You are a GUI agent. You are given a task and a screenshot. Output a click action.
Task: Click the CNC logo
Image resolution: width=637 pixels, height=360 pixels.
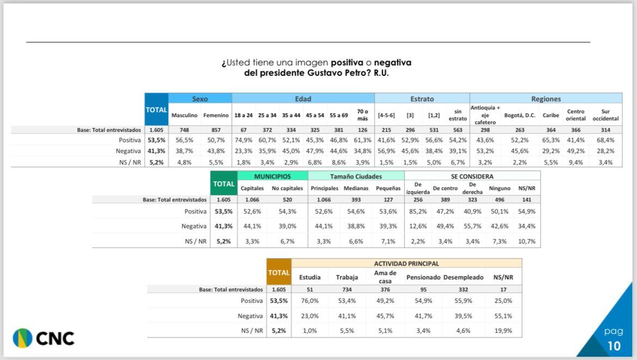pyautogui.click(x=44, y=338)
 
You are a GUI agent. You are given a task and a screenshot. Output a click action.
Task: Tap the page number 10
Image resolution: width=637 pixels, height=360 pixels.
pyautogui.click(x=613, y=346)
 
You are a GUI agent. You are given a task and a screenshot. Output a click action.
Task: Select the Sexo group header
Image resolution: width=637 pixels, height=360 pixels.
pyautogui.click(x=200, y=99)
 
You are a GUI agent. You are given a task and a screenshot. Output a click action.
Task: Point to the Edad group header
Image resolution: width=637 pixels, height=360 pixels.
pyautogui.click(x=303, y=99)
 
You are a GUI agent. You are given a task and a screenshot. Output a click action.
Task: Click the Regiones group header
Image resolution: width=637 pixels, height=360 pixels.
pyautogui.click(x=546, y=99)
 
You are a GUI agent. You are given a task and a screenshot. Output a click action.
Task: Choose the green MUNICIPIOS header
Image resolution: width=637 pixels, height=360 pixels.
pyautogui.click(x=272, y=176)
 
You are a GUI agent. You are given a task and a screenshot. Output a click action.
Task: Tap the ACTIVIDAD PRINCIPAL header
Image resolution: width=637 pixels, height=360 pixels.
pyautogui.click(x=406, y=264)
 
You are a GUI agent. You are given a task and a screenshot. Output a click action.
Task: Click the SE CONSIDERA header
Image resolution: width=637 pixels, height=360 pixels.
pyautogui.click(x=472, y=176)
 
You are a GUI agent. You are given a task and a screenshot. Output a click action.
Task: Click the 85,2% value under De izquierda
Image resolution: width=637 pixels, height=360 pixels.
pyautogui.click(x=418, y=211)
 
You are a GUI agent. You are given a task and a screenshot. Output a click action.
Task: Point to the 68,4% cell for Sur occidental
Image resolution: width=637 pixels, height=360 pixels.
pyautogui.click(x=605, y=140)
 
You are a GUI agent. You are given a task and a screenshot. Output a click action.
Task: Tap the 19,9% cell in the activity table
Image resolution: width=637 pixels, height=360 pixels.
pyautogui.click(x=504, y=331)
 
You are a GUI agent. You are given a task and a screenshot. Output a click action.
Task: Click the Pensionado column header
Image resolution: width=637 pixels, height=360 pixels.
pyautogui.click(x=423, y=277)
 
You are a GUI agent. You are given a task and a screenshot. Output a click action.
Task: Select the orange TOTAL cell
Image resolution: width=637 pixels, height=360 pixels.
pyautogui.click(x=279, y=272)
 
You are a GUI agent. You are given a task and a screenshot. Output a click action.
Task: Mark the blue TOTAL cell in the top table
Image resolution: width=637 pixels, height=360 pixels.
pyautogui.click(x=156, y=109)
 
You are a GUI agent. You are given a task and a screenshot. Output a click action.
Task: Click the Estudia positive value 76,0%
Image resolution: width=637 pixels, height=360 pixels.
pyautogui.click(x=310, y=301)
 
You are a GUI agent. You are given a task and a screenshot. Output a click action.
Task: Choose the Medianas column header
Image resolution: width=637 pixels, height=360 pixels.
pyautogui.click(x=356, y=188)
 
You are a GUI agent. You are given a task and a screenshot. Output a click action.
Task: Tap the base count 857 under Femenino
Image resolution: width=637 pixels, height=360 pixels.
pyautogui.click(x=216, y=130)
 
